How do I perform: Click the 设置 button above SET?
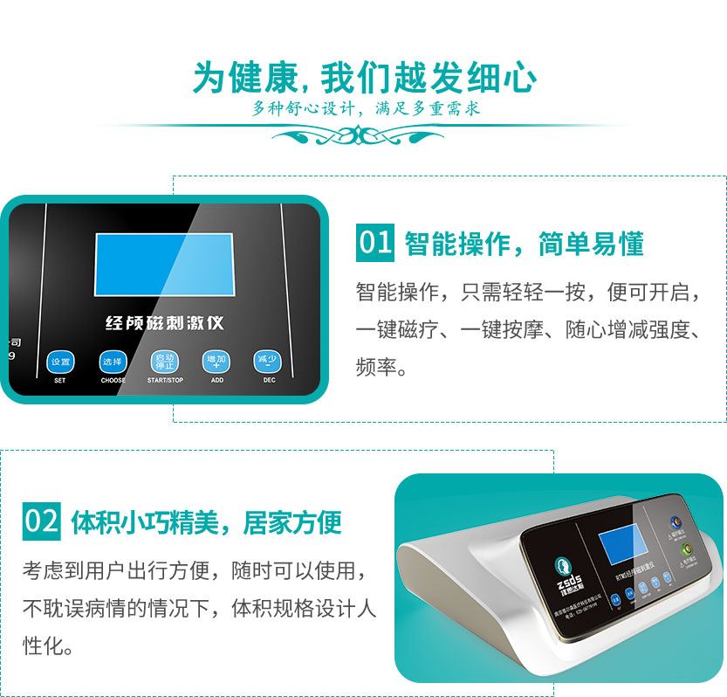click(60, 362)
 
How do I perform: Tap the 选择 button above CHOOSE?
click(113, 362)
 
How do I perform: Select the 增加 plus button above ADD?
click(216, 361)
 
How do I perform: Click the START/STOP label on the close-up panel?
click(165, 381)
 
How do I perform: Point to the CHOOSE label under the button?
click(113, 381)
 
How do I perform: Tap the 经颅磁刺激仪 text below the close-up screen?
click(165, 323)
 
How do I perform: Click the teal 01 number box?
click(376, 242)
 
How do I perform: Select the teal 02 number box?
click(42, 521)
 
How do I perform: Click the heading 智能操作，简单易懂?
click(525, 244)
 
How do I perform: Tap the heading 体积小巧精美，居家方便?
click(206, 522)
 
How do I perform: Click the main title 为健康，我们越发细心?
click(364, 79)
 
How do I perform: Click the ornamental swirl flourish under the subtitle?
click(363, 135)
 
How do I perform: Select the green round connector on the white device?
click(686, 550)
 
